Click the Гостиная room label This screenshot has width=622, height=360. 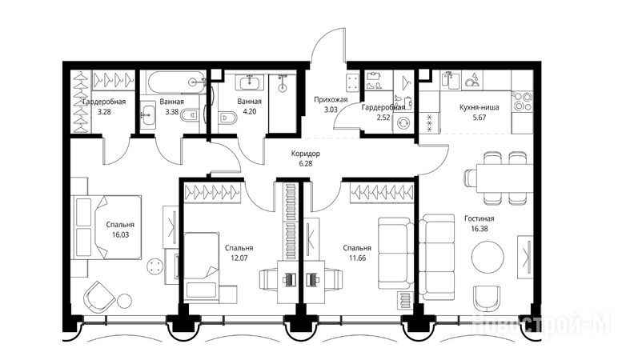coord(480,218)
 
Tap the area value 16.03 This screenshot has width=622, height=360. coord(120,234)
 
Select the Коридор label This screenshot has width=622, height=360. coord(306,154)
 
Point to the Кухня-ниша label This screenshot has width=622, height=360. coord(480,107)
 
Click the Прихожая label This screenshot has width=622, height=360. coord(331,99)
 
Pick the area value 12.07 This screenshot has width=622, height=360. coord(239,258)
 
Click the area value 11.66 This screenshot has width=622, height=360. coord(357,258)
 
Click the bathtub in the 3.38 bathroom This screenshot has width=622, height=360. coord(177,82)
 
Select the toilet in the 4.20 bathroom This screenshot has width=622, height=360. coord(228,118)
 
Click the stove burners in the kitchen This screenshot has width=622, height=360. coord(522,102)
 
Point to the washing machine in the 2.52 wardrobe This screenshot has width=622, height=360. coord(403,123)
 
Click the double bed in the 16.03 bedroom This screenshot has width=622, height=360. coord(106,227)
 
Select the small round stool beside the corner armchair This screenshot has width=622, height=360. coord(124,300)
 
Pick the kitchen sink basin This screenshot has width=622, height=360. coord(452,81)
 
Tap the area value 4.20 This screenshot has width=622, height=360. coord(249,111)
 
